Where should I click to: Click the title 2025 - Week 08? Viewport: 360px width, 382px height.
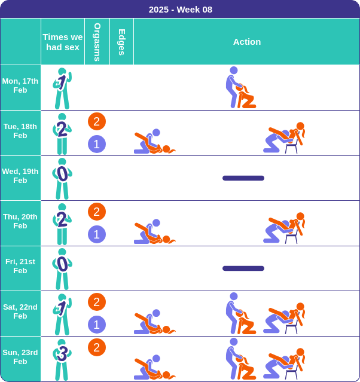tap(181, 10)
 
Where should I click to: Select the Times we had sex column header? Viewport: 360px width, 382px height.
tap(63, 42)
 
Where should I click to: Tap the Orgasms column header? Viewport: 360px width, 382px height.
tap(97, 42)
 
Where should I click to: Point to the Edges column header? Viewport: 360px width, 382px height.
tap(121, 42)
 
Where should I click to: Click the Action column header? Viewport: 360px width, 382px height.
tap(247, 42)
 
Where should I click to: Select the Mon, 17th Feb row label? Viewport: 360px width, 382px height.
tap(20, 85)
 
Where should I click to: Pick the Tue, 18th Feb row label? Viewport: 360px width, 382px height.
tap(20, 131)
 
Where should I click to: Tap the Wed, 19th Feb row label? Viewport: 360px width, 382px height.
tap(20, 176)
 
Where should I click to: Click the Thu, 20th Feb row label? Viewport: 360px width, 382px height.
tap(20, 221)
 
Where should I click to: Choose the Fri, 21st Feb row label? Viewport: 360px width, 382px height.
tap(20, 266)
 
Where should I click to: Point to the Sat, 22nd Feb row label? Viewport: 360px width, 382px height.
tap(20, 311)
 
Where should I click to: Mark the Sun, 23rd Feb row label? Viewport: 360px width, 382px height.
tap(20, 357)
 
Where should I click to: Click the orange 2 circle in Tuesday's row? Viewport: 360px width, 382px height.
tap(97, 121)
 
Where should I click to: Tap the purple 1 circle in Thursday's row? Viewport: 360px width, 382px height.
tap(97, 234)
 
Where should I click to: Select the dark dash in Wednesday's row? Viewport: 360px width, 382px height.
tap(243, 178)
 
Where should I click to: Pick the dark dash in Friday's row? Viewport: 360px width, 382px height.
tap(243, 268)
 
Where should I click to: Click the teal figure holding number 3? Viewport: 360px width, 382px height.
tap(62, 360)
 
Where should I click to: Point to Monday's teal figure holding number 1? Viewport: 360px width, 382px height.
tap(62, 88)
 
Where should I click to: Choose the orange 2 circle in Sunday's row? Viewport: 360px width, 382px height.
tap(97, 347)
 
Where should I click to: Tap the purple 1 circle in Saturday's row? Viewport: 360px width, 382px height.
tap(97, 325)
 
